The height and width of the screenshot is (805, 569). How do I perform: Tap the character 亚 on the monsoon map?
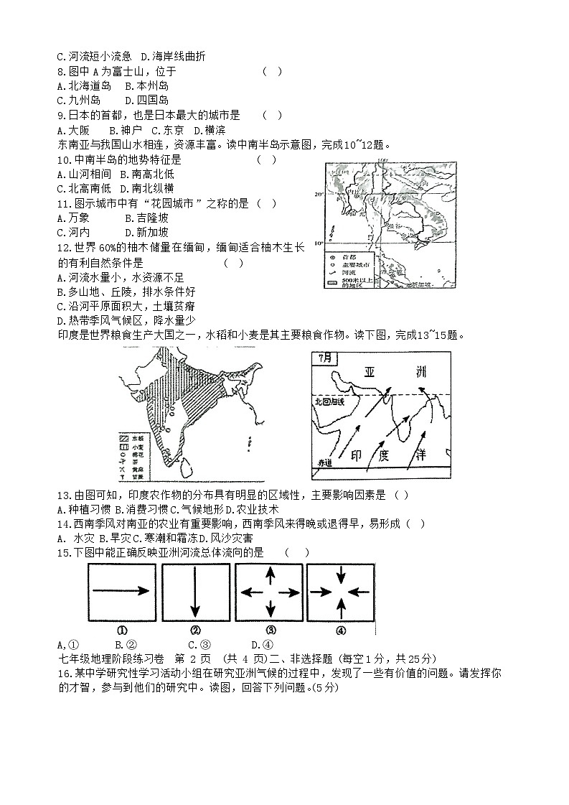point(370,373)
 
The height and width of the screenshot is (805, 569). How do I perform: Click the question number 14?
point(62,524)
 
